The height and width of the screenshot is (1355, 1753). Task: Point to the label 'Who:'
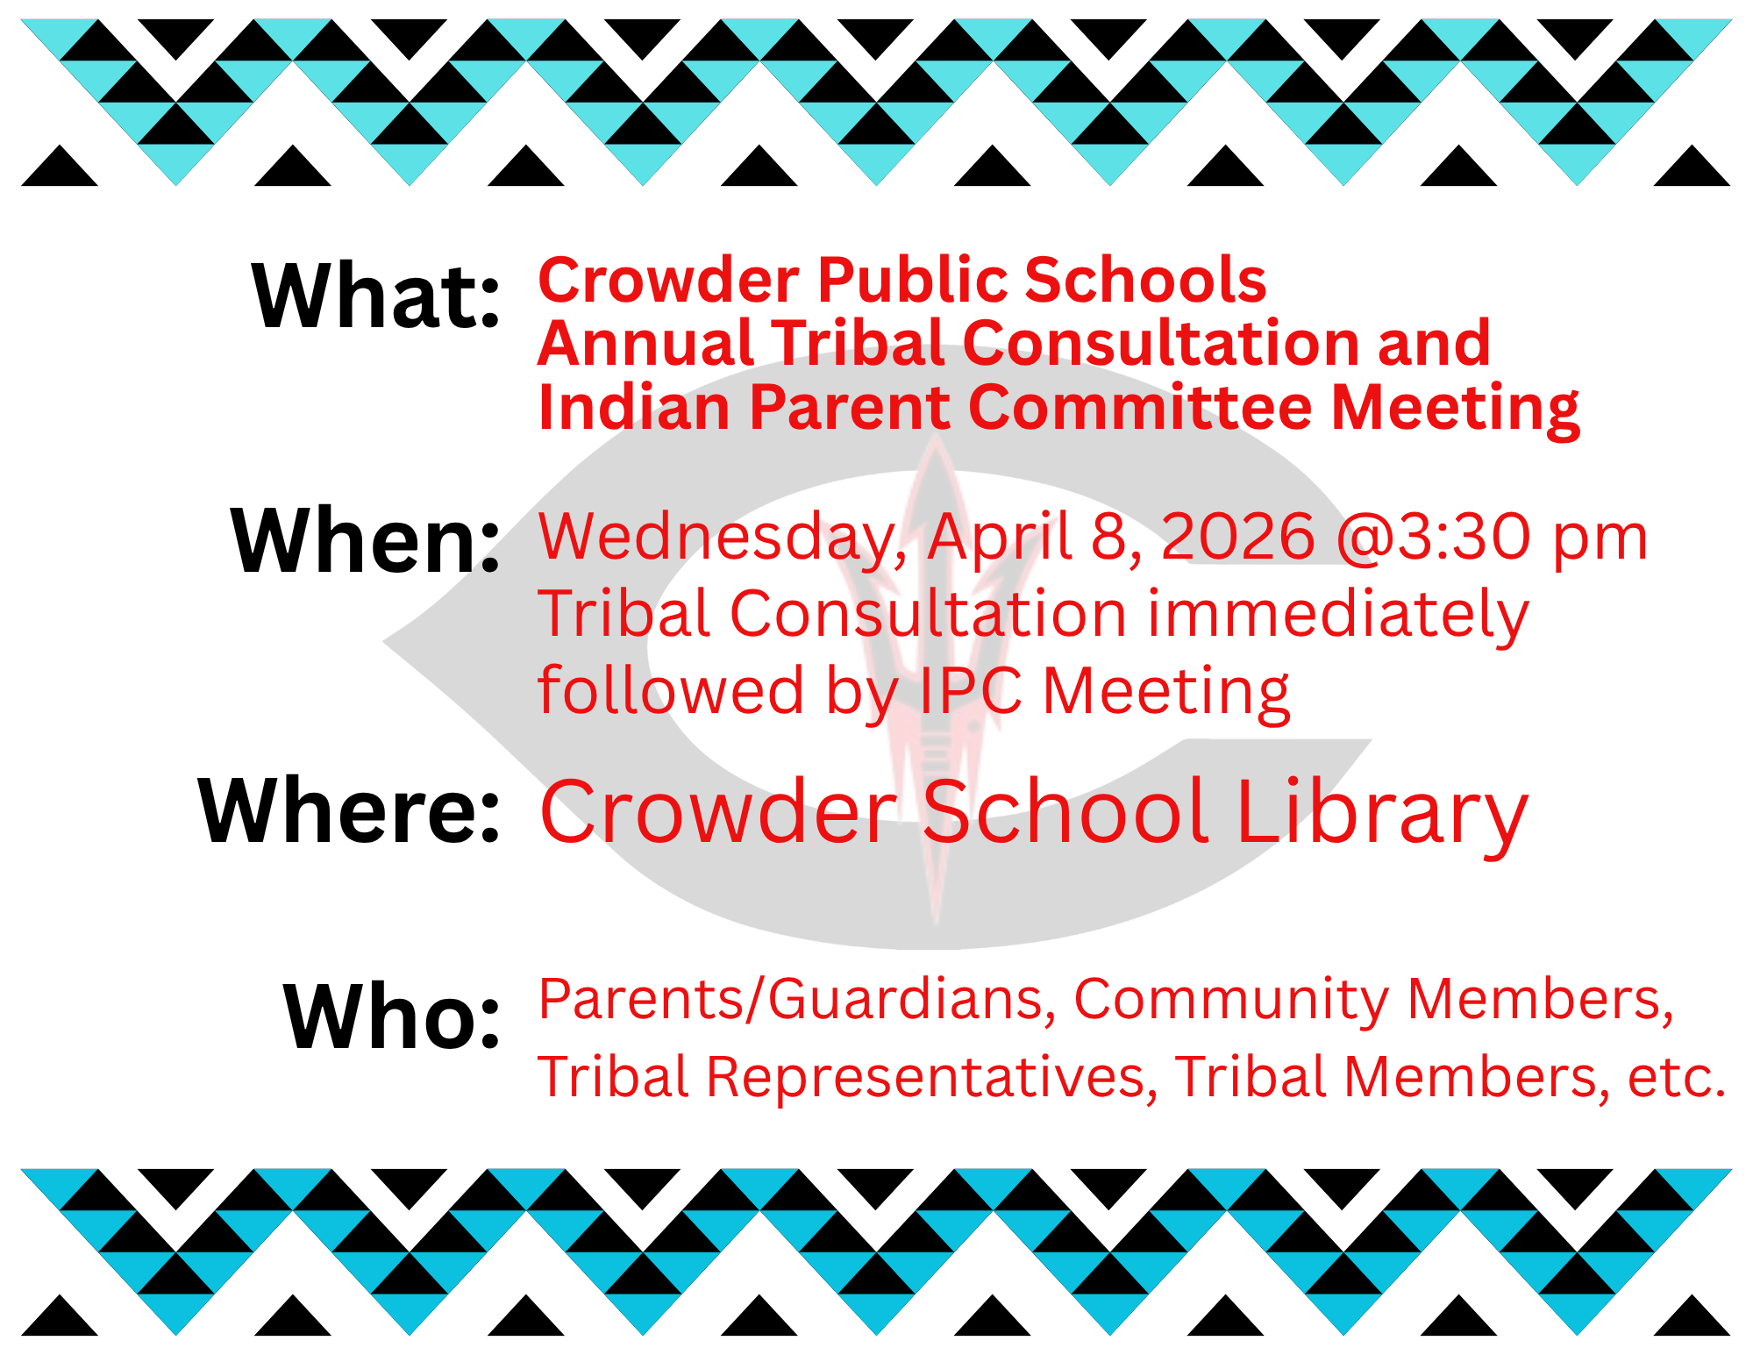(392, 1017)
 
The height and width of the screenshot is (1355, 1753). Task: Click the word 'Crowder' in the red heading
(668, 280)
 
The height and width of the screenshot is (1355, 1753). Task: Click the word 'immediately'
(1338, 616)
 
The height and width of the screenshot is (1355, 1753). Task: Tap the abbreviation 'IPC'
(971, 691)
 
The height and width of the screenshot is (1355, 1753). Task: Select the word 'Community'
(1230, 1001)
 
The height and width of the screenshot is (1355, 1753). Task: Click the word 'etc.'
(1676, 1078)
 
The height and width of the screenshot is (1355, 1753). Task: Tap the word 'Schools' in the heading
(1145, 280)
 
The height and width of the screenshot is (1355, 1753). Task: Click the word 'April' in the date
(1001, 538)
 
